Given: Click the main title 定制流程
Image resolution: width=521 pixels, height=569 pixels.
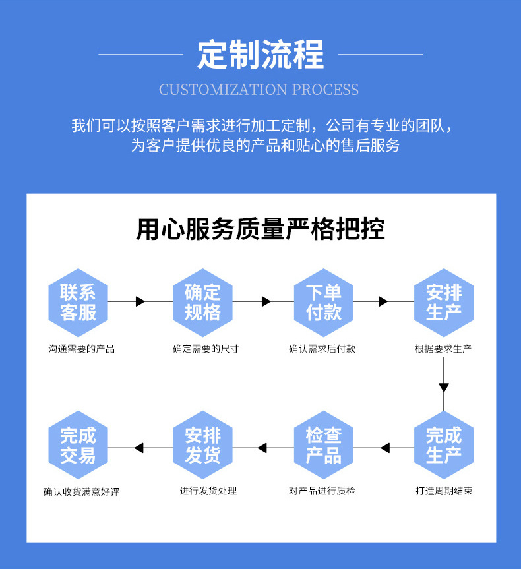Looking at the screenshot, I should click(x=260, y=54).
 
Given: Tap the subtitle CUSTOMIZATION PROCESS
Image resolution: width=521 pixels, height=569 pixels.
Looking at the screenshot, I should click(x=259, y=90).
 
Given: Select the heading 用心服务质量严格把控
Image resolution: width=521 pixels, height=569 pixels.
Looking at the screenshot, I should click(x=260, y=229).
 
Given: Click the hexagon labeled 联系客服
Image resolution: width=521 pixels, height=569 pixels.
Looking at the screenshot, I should click(x=78, y=303).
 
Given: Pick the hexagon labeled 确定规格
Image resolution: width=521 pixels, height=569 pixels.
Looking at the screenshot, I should click(x=202, y=303).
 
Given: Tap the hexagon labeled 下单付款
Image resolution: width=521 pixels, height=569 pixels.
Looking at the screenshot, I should click(x=323, y=303).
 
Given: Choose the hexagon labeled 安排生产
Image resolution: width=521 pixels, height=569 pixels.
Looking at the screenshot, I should click(x=443, y=303).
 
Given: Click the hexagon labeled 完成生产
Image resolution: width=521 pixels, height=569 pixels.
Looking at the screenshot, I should click(x=443, y=446).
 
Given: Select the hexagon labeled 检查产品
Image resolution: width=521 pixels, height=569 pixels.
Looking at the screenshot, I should click(x=323, y=446).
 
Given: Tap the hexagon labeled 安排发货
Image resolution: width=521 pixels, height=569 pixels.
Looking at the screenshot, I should click(x=202, y=446).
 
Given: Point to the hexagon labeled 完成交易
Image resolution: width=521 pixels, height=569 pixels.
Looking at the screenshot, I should click(x=78, y=446).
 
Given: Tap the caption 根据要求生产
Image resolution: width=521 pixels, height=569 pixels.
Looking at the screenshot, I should click(x=443, y=349).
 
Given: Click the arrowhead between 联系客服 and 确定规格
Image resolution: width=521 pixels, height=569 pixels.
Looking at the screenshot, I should click(x=140, y=301).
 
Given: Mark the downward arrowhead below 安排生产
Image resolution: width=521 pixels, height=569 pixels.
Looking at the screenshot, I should click(x=444, y=387).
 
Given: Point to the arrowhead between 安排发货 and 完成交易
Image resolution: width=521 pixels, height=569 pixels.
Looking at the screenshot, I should click(x=138, y=448).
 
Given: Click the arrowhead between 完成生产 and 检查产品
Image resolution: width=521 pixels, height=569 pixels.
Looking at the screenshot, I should click(x=385, y=448).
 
